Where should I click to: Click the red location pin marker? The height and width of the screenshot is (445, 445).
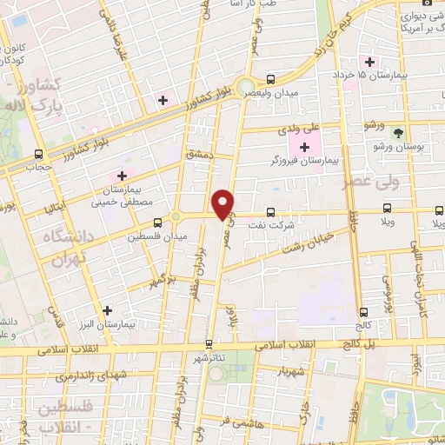223,203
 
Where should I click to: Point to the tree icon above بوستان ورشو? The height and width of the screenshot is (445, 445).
398,133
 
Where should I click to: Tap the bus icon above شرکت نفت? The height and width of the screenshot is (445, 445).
271,211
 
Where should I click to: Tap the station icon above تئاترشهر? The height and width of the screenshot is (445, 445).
209,344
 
